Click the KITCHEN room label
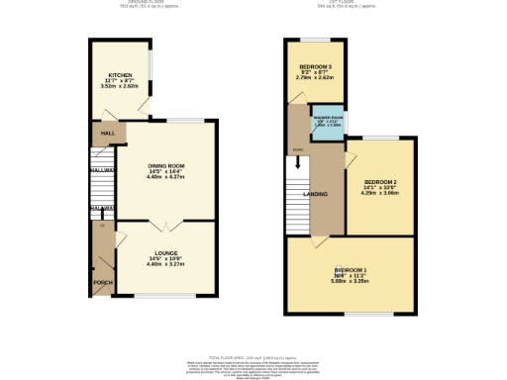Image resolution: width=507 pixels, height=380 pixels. tap(120, 74)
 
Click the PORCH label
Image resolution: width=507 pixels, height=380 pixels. tap(101, 282)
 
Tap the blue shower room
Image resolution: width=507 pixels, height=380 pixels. tap(326, 123)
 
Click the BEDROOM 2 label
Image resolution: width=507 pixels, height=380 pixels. tap(379, 183)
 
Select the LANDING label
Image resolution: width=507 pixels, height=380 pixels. tap(316, 194)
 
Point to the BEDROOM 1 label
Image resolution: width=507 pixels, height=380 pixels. tap(351, 270)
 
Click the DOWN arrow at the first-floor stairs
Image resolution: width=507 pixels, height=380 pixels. tap(296, 150)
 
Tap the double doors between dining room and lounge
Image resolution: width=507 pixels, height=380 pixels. tap(164, 221)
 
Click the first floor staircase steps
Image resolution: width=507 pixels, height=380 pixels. tap(293, 183)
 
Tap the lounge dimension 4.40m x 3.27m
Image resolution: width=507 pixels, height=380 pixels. tap(164, 264)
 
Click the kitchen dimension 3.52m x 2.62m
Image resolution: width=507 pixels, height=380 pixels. tap(120, 86)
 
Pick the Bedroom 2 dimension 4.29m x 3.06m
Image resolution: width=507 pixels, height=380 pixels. tap(379, 195)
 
